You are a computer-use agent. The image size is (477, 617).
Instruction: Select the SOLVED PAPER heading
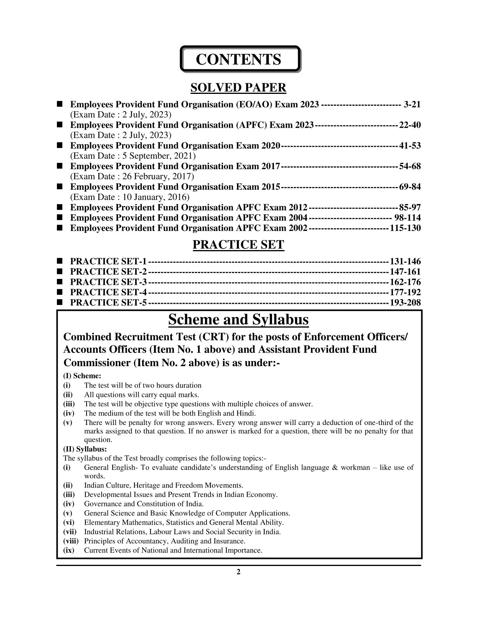point(238,88)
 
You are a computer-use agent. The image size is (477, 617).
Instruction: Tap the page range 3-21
point(412,104)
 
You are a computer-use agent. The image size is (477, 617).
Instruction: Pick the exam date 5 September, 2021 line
point(133,156)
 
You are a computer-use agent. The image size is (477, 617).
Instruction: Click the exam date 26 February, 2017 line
point(132,176)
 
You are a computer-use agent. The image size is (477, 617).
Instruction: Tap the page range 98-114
point(407,218)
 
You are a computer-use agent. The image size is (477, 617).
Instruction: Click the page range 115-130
point(405,228)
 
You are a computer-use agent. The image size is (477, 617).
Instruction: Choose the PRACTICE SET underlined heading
point(238,245)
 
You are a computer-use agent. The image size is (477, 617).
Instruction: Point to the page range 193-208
point(405,303)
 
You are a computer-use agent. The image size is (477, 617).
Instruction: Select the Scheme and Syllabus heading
point(238,320)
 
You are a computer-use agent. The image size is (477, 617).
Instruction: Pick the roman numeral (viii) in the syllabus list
point(71,541)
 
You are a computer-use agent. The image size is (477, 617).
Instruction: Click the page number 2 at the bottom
point(238,572)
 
